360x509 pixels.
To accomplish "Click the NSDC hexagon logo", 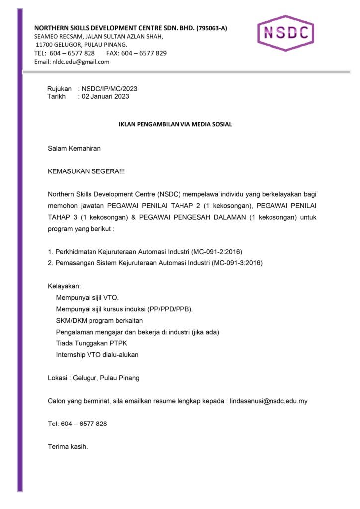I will coord(285,33).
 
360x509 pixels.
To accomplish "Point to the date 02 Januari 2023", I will coord(105,96).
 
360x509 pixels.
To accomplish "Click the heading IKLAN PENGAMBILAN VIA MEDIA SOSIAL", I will coord(175,124).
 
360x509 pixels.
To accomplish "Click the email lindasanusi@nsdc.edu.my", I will coord(269,401).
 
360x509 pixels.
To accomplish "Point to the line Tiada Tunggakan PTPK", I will coord(88,343).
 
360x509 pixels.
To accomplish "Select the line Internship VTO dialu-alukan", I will coord(97,355).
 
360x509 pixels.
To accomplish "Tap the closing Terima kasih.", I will coord(68,446).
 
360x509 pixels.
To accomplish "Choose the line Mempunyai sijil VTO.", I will coord(88,298).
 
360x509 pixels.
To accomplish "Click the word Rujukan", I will coord(59,89).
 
